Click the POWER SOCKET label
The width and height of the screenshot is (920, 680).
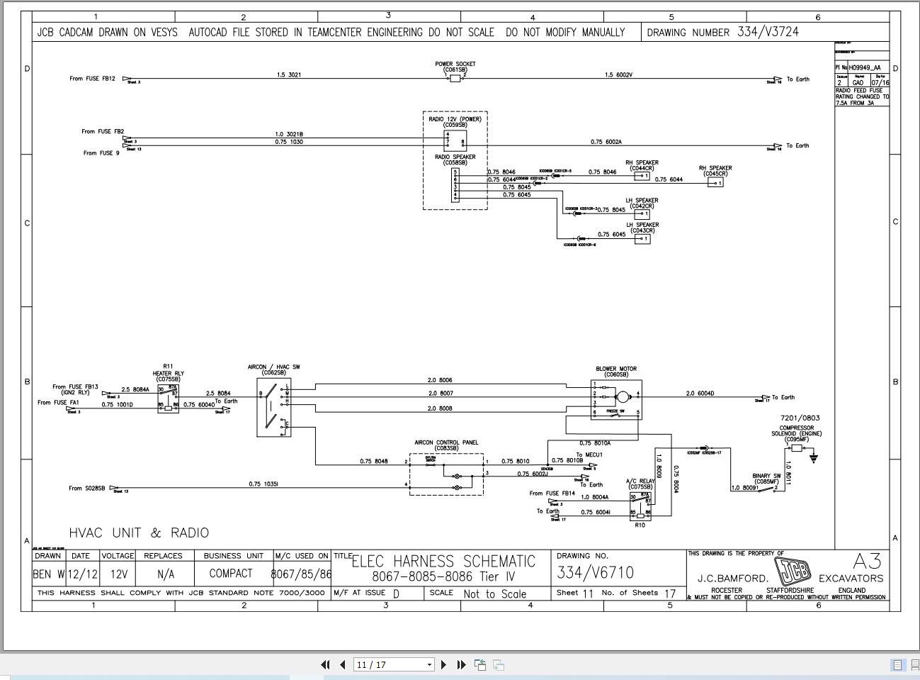(455, 64)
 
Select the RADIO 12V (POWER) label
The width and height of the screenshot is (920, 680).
(455, 119)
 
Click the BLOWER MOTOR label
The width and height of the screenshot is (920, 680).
(616, 369)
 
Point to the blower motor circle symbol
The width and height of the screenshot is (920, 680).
(623, 396)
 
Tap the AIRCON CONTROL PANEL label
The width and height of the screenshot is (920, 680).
(446, 442)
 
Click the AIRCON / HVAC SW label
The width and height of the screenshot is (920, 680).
(273, 367)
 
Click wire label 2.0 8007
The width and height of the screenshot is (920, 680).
(440, 393)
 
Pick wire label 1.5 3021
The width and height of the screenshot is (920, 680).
(288, 74)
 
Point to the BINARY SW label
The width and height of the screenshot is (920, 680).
(766, 476)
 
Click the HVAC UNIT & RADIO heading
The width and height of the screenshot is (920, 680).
(139, 533)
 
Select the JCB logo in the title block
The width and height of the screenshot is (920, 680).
(793, 572)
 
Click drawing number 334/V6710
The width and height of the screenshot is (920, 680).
(595, 572)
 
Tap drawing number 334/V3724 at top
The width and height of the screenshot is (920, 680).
(768, 32)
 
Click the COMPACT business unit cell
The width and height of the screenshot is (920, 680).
(231, 574)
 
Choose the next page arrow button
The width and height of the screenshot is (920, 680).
(444, 664)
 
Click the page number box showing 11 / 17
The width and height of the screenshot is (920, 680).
(394, 664)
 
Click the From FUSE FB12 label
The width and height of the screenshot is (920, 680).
(92, 79)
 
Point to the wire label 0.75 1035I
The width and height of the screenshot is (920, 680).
(263, 484)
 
